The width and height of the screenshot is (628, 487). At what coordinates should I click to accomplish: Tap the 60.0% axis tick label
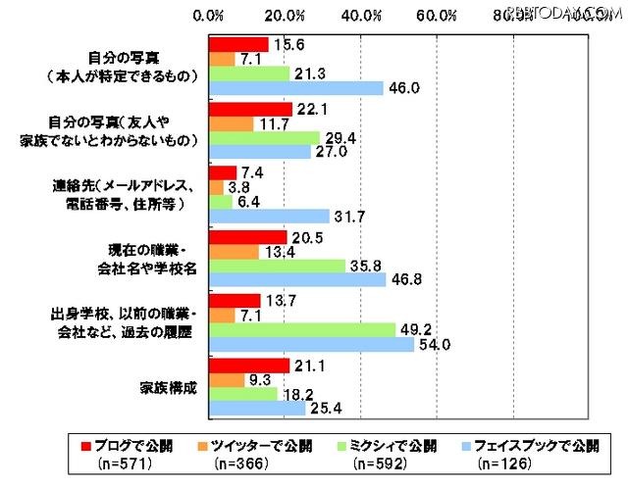[437, 15]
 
